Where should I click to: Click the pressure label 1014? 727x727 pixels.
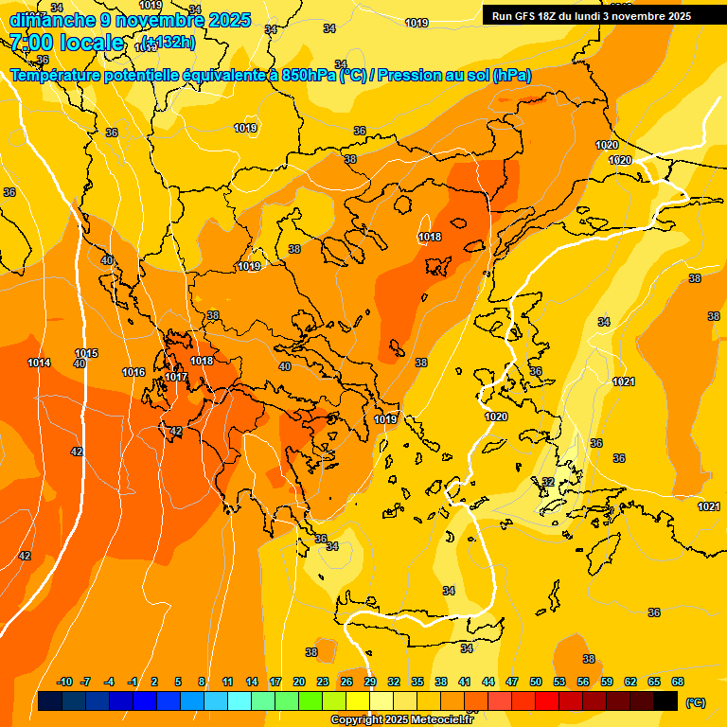[39, 363]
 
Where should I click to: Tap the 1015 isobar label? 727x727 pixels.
[86, 353]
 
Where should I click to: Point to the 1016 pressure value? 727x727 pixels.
[133, 372]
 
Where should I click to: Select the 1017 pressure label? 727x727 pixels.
[176, 377]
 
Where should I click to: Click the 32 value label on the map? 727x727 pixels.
[547, 482]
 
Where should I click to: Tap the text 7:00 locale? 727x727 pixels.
[67, 43]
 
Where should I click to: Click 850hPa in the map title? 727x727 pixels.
[309, 76]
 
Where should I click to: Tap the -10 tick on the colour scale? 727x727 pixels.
[64, 682]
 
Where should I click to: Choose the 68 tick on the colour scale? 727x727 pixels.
[678, 682]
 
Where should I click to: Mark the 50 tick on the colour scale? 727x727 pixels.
[536, 682]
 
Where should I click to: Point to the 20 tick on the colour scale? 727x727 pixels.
[299, 682]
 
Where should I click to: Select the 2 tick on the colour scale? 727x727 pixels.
[156, 682]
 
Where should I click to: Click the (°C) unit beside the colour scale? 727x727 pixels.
[695, 701]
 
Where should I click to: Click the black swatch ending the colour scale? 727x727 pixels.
[666, 700]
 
